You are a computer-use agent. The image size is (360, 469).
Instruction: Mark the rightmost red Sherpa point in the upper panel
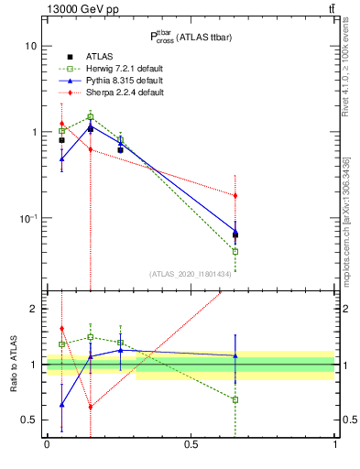[x=235, y=195]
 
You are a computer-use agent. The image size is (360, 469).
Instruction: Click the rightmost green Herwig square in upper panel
[x=235, y=251]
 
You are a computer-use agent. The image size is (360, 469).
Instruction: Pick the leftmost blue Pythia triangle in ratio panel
[x=61, y=404]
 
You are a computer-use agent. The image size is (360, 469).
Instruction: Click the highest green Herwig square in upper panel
[x=91, y=116]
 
